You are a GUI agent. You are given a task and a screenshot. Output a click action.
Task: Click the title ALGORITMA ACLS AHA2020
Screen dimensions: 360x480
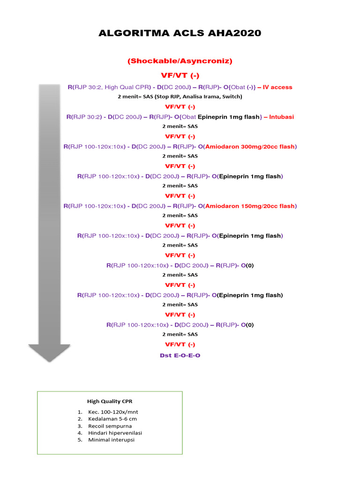click(180, 33)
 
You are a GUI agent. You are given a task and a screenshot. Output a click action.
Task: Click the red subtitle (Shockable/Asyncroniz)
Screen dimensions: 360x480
click(180, 61)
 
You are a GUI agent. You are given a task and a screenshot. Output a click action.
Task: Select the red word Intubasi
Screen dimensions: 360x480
click(282, 117)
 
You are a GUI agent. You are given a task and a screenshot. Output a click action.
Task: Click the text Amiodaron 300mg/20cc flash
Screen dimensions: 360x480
click(250, 147)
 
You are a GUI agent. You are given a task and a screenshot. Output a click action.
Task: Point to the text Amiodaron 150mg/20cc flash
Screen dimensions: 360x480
click(250, 206)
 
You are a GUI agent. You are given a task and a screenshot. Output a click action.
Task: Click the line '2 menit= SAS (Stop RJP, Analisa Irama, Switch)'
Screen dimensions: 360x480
click(180, 97)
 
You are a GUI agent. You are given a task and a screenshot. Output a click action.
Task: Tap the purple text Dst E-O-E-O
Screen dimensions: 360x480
click(180, 355)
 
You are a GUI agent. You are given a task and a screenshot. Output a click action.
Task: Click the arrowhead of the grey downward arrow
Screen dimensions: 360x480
click(49, 352)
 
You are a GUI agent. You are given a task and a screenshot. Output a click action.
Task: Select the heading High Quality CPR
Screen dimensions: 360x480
click(112, 401)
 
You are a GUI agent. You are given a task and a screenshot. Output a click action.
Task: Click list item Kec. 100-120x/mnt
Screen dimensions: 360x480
click(110, 412)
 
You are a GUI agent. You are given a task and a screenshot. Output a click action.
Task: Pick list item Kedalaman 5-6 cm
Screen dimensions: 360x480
click(112, 419)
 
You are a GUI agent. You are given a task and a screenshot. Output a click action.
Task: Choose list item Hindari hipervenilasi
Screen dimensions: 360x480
click(115, 433)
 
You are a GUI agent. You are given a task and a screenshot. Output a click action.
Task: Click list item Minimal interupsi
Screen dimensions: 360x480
click(112, 440)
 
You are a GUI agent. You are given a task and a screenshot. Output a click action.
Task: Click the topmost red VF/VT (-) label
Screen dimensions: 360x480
click(180, 75)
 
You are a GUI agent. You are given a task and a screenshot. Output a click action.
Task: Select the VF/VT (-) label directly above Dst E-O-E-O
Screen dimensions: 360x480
click(180, 345)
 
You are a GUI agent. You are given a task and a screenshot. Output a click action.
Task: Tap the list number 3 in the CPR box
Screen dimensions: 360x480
click(80, 426)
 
